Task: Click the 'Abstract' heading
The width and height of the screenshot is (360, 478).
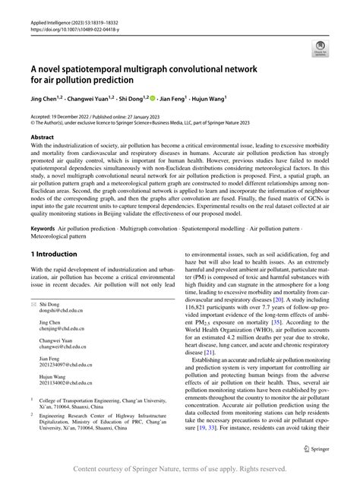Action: point(42,137)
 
